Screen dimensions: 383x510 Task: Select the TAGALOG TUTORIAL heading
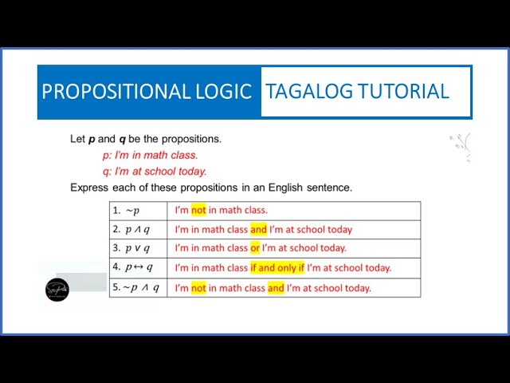click(357, 91)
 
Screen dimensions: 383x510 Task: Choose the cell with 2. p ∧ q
click(138, 230)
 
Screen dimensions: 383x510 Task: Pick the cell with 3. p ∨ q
click(138, 248)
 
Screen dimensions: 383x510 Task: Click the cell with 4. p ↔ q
click(138, 267)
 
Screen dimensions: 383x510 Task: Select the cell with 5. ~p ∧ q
click(138, 287)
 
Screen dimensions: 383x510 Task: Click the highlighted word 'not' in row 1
click(198, 211)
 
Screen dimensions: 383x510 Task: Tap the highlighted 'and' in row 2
click(258, 230)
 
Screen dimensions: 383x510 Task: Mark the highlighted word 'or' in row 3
click(255, 248)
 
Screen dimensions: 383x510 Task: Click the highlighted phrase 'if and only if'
click(277, 268)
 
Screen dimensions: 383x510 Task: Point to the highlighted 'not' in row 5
click(198, 288)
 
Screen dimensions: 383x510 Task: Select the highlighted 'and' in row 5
click(276, 288)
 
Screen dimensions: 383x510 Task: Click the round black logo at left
click(57, 289)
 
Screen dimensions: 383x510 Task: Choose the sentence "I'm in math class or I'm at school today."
click(261, 248)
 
